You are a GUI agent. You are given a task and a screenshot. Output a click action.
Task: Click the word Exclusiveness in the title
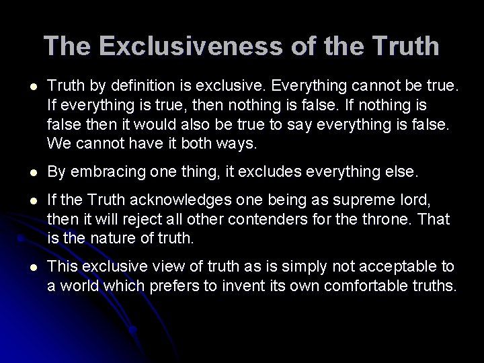pyautogui.click(x=165, y=46)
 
